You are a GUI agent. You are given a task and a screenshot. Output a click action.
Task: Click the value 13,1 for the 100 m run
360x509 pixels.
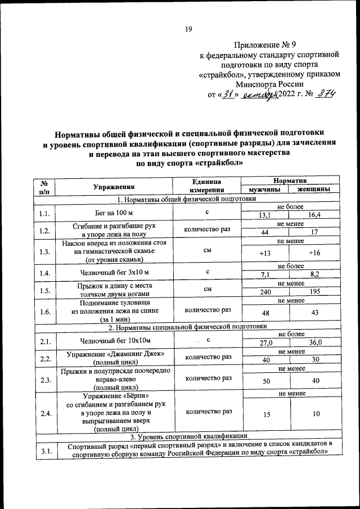(264, 215)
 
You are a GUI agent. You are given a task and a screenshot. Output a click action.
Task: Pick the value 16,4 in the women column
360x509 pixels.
(314, 215)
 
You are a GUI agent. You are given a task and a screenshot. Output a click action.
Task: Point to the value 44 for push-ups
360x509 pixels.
(264, 232)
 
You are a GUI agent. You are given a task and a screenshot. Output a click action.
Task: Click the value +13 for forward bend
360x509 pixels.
(264, 254)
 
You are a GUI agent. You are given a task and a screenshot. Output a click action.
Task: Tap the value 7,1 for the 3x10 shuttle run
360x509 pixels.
(264, 274)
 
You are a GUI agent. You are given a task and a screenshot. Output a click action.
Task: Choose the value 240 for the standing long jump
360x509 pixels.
(264, 292)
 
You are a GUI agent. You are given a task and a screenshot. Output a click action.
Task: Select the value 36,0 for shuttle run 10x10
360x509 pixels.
(314, 343)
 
